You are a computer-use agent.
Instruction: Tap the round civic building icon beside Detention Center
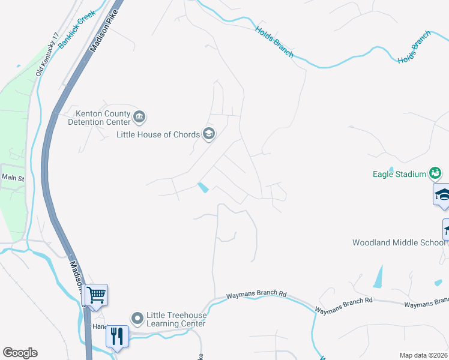pyautogui.click(x=139, y=116)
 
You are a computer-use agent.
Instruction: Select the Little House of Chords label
pyautogui.click(x=158, y=134)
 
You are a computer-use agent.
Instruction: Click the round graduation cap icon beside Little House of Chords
pyautogui.click(x=209, y=134)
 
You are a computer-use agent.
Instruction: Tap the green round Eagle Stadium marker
pyautogui.click(x=435, y=175)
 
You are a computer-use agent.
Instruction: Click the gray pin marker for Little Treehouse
pyautogui.click(x=137, y=317)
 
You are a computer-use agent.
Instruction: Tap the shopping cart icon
pyautogui.click(x=96, y=295)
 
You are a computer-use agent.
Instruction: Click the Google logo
pyautogui.click(x=20, y=352)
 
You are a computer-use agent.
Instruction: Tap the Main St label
pyautogui.click(x=12, y=178)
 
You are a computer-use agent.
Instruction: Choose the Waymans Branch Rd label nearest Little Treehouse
pyautogui.click(x=256, y=295)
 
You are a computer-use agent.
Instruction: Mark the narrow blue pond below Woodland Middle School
pyautogui.click(x=378, y=277)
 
